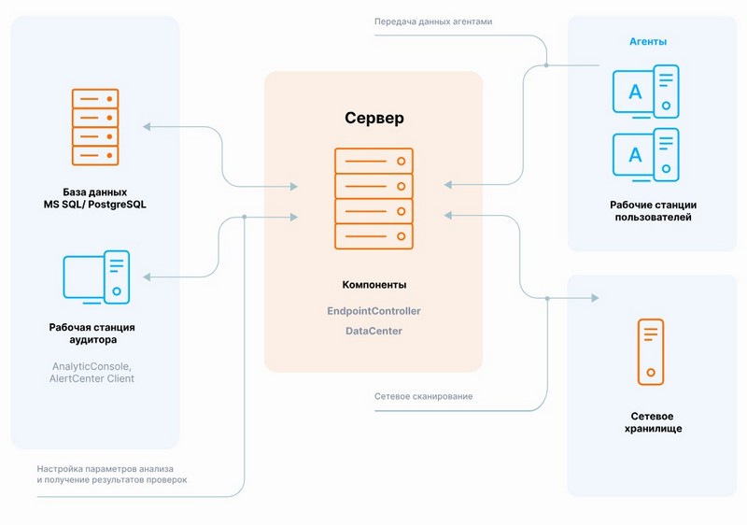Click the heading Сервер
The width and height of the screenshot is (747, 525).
pos(373,120)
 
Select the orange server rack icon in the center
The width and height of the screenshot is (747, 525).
pos(373,197)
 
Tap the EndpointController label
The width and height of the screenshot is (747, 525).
pos(373,310)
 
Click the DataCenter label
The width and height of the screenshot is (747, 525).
pos(373,332)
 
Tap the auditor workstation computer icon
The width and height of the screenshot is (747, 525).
pos(96,277)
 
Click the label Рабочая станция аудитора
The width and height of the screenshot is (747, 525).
pos(92,334)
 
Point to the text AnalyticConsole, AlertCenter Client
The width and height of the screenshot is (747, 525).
pos(92,372)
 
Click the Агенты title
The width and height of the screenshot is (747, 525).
pos(647,42)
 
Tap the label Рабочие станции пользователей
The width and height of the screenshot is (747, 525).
pos(653,211)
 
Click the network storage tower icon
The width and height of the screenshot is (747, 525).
pos(651,351)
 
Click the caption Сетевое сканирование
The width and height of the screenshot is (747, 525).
pos(423,396)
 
